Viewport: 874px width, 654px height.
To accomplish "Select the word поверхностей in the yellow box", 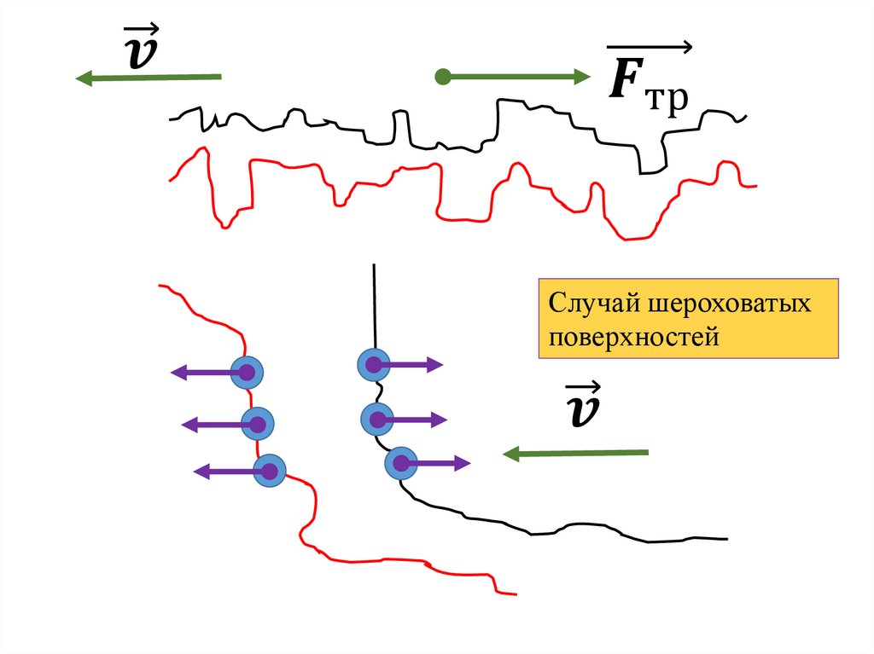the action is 634,338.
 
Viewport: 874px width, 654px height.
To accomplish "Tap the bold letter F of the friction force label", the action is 626,78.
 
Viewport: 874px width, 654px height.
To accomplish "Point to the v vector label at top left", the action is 142,47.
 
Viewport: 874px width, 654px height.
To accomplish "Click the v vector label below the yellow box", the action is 582,404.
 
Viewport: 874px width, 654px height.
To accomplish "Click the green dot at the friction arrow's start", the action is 443,77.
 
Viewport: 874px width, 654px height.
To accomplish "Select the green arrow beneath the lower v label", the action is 575,454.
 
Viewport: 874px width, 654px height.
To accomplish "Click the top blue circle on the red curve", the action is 247,372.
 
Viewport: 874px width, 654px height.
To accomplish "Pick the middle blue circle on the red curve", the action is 257,424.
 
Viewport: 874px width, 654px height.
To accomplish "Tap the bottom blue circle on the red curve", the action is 270,471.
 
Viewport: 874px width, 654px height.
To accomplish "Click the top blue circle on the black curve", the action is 374,365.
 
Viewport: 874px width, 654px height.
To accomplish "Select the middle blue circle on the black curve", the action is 378,419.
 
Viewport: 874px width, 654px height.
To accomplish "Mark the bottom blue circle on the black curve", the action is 401,462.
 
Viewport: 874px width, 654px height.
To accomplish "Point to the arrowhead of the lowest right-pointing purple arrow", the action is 463,463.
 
